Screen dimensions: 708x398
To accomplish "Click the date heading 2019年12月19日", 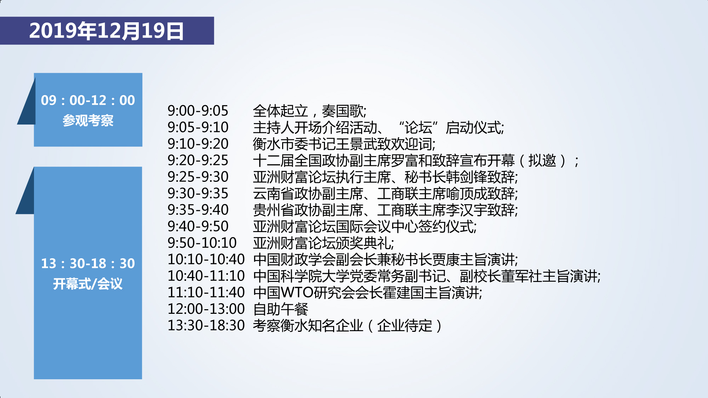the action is point(107,31).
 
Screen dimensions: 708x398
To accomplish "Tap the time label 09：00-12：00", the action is point(88,100).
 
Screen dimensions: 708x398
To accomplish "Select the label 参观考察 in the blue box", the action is point(88,121).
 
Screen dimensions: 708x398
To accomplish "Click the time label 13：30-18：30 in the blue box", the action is point(88,264).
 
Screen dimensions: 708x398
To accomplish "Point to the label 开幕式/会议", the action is point(88,284).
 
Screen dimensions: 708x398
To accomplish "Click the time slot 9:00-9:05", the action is point(198,111).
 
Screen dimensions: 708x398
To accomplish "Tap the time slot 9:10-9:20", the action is point(198,144).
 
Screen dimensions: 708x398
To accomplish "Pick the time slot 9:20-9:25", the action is point(198,161).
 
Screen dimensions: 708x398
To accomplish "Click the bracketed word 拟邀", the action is point(542,161).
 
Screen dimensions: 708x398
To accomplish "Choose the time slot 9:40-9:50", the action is point(198,226).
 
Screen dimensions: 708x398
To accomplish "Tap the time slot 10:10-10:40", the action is point(206,259).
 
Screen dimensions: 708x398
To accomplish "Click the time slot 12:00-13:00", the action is point(206,309).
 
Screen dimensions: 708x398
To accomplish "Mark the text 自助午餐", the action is point(281,309).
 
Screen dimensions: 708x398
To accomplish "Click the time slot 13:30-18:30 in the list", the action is point(206,325).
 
